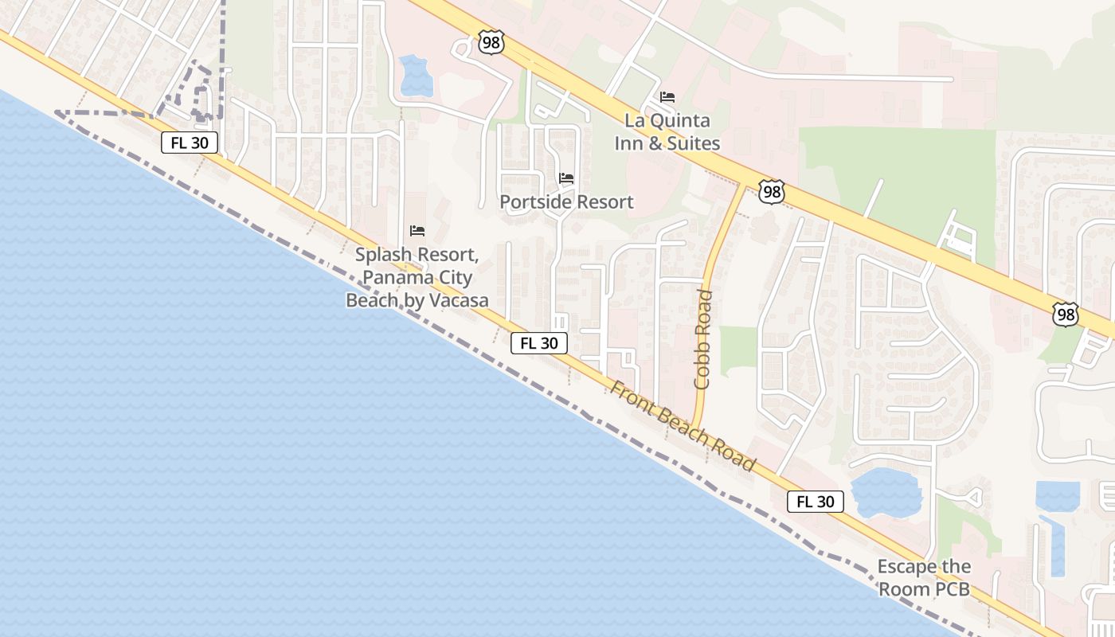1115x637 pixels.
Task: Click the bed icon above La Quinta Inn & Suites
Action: [x=667, y=97]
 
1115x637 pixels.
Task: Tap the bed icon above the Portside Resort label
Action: [x=566, y=178]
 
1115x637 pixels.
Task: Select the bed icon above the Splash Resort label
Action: [x=417, y=231]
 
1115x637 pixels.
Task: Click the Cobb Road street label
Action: [x=702, y=339]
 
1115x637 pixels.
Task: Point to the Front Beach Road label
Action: [x=683, y=426]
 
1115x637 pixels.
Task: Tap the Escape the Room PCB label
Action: [x=924, y=578]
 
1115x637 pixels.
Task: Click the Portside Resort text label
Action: [x=566, y=202]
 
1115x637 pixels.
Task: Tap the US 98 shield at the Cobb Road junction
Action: [x=771, y=192]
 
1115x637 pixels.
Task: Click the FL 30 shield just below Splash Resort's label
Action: [x=539, y=343]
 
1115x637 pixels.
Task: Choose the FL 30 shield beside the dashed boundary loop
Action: [x=190, y=143]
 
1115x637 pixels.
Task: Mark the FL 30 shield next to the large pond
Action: [x=816, y=502]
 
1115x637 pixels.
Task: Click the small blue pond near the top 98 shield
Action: [x=415, y=76]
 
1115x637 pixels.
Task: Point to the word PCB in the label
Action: [x=953, y=590]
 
